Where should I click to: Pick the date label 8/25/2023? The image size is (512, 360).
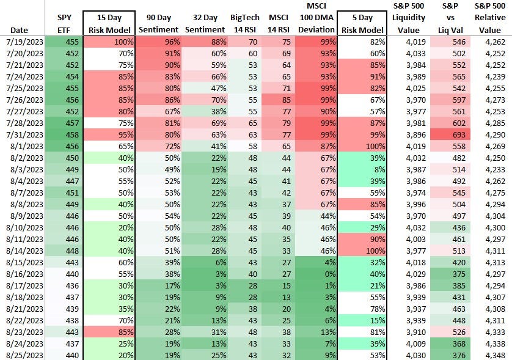(x=23, y=354)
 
